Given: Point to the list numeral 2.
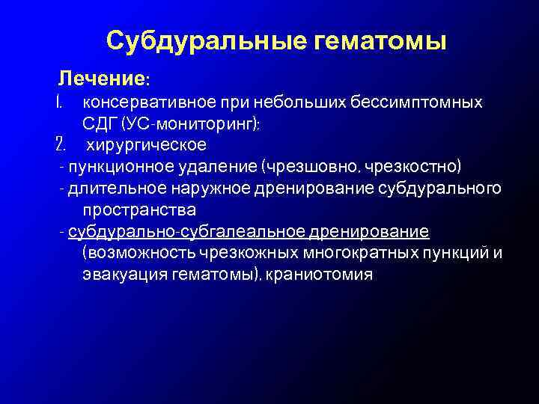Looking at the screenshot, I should [x=62, y=144].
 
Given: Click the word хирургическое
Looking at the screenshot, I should [x=146, y=144].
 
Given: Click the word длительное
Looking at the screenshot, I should [x=105, y=187].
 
